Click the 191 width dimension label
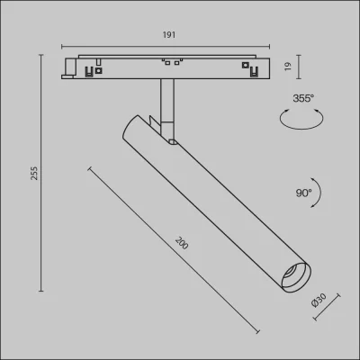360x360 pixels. (x=169, y=35)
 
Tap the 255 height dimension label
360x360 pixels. (x=35, y=173)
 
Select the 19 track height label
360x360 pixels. (x=288, y=67)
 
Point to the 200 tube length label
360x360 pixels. (x=182, y=243)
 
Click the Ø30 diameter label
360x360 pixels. (x=319, y=301)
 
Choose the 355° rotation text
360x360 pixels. (x=303, y=98)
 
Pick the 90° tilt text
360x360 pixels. (x=304, y=193)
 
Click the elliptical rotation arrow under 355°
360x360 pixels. (x=301, y=120)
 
